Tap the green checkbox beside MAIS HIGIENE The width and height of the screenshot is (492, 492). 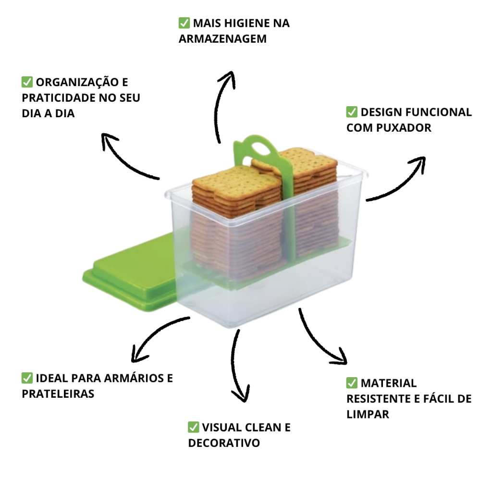click(x=184, y=23)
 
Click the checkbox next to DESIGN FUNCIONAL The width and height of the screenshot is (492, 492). click(x=352, y=112)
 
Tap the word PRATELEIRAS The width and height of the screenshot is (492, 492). click(x=58, y=394)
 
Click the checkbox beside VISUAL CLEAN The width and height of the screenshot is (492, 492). click(x=193, y=427)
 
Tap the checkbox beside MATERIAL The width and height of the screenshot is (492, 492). click(x=352, y=383)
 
